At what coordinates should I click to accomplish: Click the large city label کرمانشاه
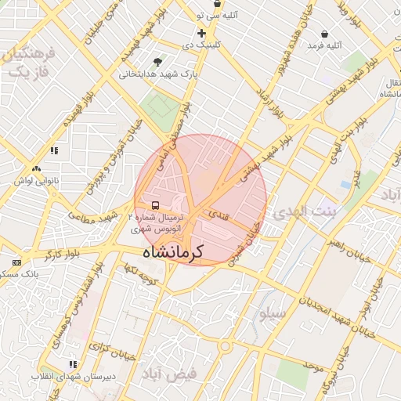click(x=173, y=252)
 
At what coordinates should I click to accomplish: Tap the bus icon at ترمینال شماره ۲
click(x=155, y=206)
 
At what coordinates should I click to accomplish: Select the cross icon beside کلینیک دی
click(x=201, y=33)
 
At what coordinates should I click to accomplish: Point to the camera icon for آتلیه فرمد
click(x=325, y=34)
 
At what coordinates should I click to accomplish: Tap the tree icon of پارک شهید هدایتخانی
click(x=160, y=62)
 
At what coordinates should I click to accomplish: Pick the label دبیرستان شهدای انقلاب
click(x=63, y=376)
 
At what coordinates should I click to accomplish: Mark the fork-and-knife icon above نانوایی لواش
click(x=36, y=168)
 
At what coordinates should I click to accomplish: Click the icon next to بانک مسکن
click(x=17, y=262)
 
